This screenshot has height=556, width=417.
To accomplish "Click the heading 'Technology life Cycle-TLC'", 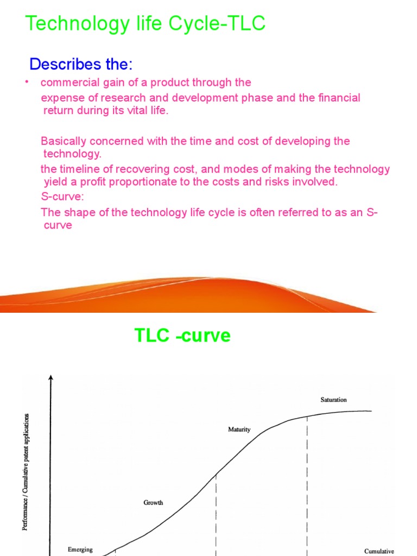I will point(146,24).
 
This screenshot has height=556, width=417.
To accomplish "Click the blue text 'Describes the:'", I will point(81,64).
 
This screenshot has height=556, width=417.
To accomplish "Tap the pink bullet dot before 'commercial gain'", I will point(27,82).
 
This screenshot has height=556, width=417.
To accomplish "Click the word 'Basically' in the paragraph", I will point(62,141).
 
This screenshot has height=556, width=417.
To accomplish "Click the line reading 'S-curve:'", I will point(61,196).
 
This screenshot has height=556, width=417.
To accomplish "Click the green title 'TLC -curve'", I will point(182,336).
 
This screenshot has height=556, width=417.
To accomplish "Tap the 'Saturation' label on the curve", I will point(333,400).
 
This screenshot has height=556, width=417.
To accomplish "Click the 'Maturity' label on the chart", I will point(239,429).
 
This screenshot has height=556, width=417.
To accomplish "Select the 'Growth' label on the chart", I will point(153,503).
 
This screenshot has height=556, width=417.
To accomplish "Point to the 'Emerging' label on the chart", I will point(80,549).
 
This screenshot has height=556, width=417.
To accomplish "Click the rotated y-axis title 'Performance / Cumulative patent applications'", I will point(27,472).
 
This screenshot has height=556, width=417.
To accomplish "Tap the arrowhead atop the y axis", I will point(50,376).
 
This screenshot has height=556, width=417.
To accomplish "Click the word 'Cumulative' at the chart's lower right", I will point(379,551).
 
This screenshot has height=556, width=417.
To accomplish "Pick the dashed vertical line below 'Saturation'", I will point(307,478).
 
